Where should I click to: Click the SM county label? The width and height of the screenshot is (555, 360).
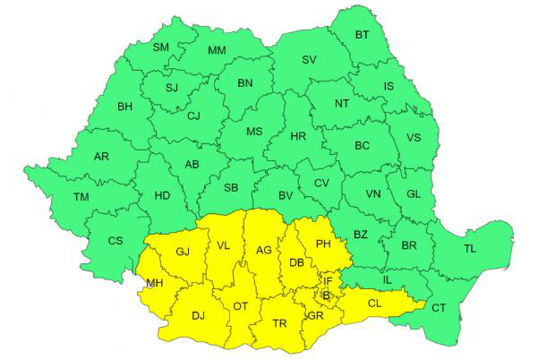click(x=160, y=47)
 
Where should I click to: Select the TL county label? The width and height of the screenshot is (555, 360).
click(x=469, y=249)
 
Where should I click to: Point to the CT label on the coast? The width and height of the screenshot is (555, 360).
click(x=439, y=308)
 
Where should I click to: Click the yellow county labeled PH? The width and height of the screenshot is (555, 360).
click(x=325, y=244)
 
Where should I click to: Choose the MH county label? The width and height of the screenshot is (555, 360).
click(x=155, y=282)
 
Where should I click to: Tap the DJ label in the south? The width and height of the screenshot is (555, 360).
click(x=199, y=315)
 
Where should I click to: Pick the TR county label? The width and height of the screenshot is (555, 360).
click(x=280, y=323)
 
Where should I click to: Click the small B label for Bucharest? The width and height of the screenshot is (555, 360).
click(x=326, y=296)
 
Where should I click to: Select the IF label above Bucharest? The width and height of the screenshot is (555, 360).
click(x=328, y=280)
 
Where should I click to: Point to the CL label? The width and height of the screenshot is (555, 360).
click(x=374, y=302)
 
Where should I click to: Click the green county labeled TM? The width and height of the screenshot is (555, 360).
click(x=82, y=197)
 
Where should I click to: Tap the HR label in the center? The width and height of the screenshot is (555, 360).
click(x=298, y=136)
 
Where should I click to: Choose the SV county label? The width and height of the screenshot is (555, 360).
click(x=308, y=60)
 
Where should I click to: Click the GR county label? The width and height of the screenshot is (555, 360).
click(x=315, y=315)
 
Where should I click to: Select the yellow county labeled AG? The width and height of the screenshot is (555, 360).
click(x=264, y=250)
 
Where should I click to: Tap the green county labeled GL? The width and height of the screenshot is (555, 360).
click(x=413, y=194)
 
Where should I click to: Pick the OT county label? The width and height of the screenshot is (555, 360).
click(x=240, y=307)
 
